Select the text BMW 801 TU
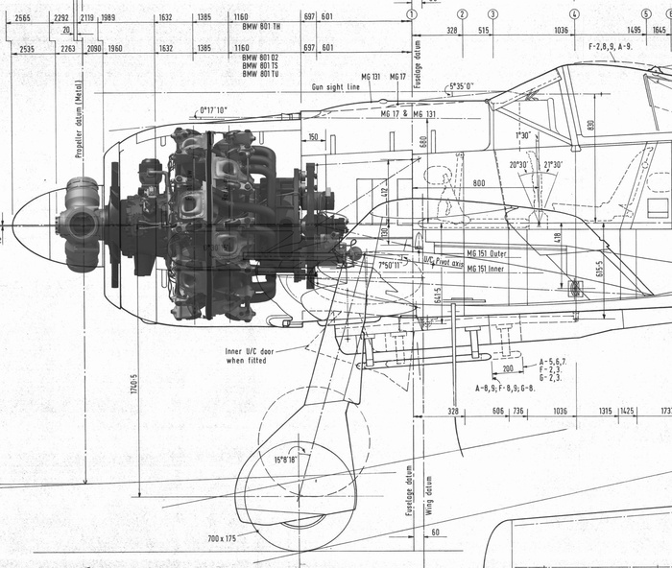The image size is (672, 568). click(x=260, y=74)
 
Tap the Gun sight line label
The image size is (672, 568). click(x=335, y=86)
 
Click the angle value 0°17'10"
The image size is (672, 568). click(x=213, y=110)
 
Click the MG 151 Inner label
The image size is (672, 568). click(x=489, y=270)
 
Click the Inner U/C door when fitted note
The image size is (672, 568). click(x=250, y=356)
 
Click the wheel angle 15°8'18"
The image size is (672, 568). click(x=285, y=460)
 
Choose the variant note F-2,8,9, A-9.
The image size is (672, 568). click(x=610, y=45)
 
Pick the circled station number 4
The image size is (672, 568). click(x=573, y=14)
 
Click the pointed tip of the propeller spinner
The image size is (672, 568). click(x=12, y=225)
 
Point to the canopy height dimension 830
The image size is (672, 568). click(x=591, y=124)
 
